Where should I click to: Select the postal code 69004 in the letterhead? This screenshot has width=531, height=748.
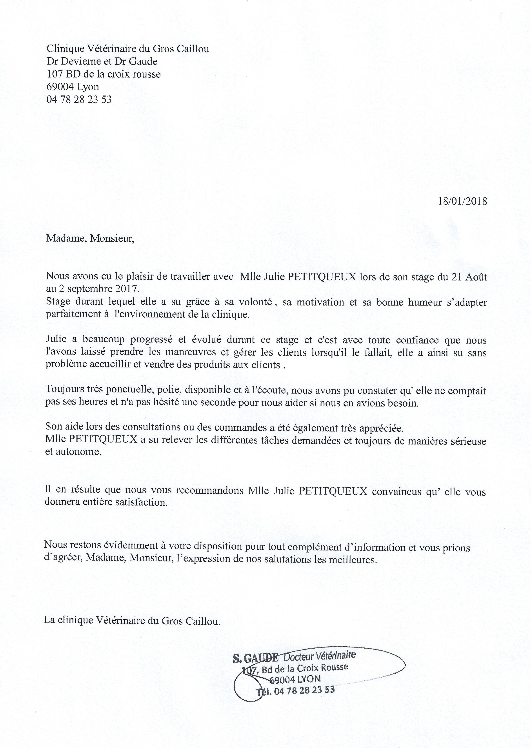coord(60,87)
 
